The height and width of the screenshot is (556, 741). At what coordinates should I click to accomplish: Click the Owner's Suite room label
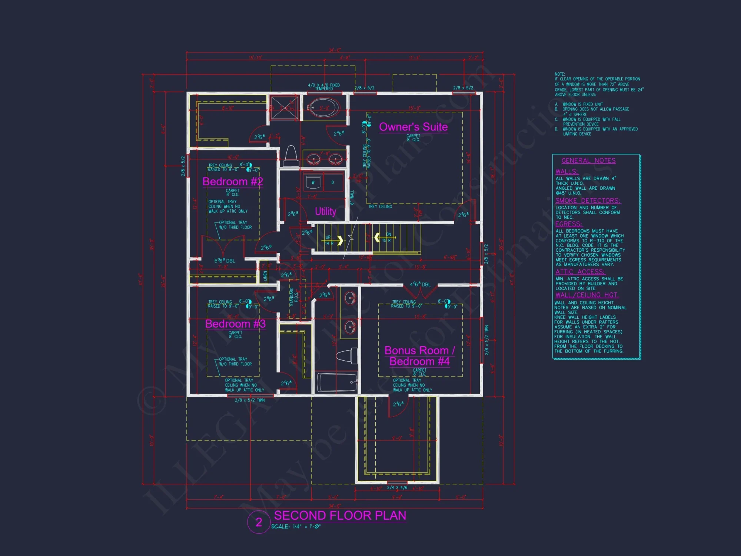pyautogui.click(x=413, y=127)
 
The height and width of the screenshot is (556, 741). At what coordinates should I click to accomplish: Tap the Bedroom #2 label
pyautogui.click(x=233, y=182)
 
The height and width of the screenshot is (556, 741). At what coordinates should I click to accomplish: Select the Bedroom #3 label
pyautogui.click(x=235, y=324)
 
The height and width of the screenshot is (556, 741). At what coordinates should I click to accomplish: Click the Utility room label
pyautogui.click(x=325, y=211)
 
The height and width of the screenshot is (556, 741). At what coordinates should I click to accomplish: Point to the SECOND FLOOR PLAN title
pyautogui.click(x=340, y=515)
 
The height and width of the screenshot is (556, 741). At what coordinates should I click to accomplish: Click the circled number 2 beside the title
pyautogui.click(x=259, y=522)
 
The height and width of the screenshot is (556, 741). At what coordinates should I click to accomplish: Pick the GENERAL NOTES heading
pyautogui.click(x=588, y=160)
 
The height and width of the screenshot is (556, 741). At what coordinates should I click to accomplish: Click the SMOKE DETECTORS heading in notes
pyautogui.click(x=588, y=201)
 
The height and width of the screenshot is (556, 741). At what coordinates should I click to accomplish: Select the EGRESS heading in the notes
pyautogui.click(x=569, y=224)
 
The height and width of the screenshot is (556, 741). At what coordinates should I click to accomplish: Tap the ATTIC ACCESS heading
pyautogui.click(x=580, y=272)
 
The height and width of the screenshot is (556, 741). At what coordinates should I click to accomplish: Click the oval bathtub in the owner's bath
pyautogui.click(x=324, y=107)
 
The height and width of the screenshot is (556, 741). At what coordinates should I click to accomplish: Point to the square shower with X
pyautogui.click(x=285, y=108)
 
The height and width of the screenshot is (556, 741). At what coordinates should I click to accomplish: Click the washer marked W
pyautogui.click(x=313, y=182)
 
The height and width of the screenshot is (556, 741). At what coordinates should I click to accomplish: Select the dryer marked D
pyautogui.click(x=333, y=182)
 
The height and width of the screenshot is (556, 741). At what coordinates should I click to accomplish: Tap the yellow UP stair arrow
pyautogui.click(x=340, y=240)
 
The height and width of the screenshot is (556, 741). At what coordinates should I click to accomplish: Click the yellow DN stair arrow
pyautogui.click(x=377, y=237)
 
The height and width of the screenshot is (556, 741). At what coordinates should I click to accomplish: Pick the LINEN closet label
pyautogui.click(x=265, y=275)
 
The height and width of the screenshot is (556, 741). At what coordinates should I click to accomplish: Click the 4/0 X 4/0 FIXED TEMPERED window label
pyautogui.click(x=324, y=87)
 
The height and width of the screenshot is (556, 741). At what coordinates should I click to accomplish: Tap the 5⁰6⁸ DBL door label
pyautogui.click(x=225, y=261)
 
